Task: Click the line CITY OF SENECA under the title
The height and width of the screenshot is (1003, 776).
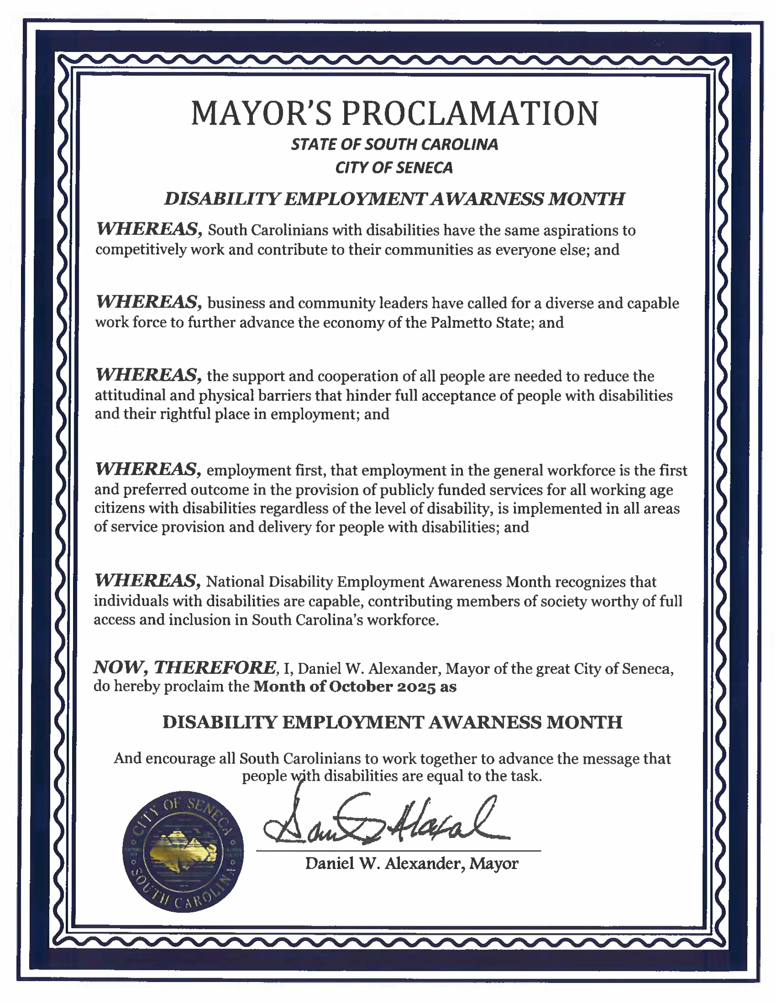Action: [394, 168]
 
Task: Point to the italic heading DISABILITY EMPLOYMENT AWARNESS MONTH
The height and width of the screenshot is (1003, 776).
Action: [394, 199]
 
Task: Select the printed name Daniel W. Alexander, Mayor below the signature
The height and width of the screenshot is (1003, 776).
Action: [411, 864]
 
